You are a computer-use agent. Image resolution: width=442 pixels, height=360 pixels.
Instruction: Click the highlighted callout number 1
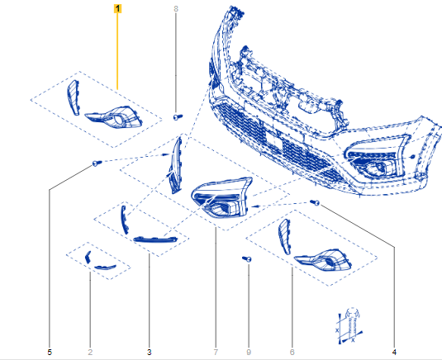click(117, 9)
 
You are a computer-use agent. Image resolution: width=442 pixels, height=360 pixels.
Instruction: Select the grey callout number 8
click(176, 9)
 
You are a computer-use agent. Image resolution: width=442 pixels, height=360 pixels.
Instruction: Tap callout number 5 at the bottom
click(50, 352)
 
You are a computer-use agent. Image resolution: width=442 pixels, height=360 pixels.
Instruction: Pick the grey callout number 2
click(90, 352)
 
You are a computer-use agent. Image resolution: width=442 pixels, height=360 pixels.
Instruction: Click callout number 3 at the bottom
click(149, 352)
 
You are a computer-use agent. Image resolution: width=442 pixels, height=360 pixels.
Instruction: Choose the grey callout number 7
click(216, 352)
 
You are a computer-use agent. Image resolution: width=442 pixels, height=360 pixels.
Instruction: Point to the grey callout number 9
click(249, 352)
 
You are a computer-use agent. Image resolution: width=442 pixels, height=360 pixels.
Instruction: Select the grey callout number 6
click(292, 352)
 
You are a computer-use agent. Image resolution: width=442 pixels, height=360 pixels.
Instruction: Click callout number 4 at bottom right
click(394, 352)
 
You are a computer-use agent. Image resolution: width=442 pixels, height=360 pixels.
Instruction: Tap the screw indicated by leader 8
click(178, 116)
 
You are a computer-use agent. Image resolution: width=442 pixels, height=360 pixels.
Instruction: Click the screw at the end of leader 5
click(97, 163)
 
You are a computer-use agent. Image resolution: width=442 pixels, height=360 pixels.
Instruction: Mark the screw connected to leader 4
click(315, 202)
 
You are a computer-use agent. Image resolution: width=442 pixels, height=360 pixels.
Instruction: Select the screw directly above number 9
click(247, 259)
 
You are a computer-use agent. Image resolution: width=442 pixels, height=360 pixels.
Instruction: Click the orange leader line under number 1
click(117, 51)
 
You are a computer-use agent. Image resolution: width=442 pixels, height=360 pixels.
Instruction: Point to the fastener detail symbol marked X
click(350, 326)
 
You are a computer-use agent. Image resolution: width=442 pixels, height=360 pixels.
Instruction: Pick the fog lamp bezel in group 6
click(323, 261)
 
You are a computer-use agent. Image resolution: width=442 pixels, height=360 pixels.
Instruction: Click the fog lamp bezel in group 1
click(114, 118)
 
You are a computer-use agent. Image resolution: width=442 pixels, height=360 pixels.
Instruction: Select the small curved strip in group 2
click(105, 267)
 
